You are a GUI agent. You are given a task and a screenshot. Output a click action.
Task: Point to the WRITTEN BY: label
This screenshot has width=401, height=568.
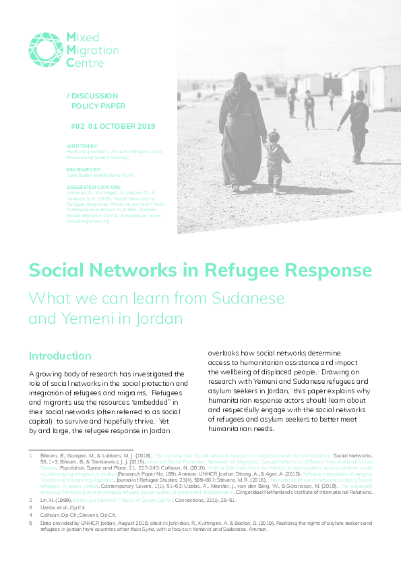tap(83, 145)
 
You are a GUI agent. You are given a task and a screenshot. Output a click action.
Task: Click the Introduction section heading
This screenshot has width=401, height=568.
tap(60, 356)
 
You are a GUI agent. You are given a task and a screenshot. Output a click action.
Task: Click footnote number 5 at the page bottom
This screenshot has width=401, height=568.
tap(30, 522)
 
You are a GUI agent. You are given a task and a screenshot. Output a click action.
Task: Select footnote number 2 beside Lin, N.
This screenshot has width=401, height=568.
tap(30, 499)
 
